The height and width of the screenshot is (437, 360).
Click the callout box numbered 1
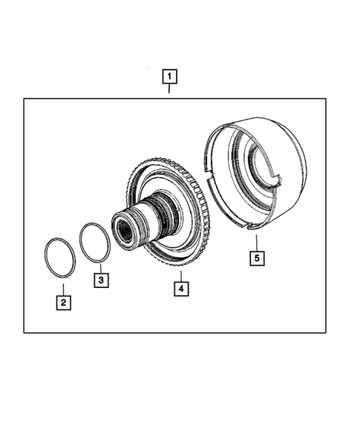coord(170,76)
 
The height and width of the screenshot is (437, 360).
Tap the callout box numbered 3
coord(101,280)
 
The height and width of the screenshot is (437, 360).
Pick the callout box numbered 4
coord(180,286)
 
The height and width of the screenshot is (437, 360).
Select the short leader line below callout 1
coord(170,90)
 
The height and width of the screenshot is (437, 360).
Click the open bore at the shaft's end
coord(121,226)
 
